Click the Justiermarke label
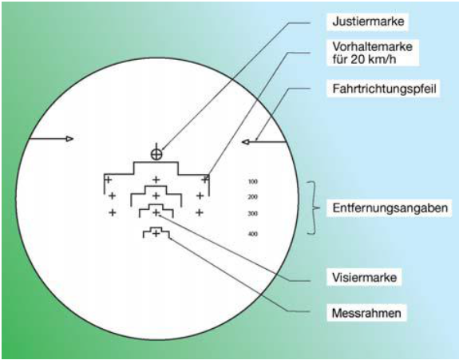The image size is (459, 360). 368,21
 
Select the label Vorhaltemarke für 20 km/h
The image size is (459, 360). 372,53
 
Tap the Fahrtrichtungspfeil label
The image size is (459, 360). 384,89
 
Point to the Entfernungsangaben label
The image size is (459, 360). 390,208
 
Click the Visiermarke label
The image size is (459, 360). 364,277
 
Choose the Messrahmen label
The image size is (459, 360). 366,313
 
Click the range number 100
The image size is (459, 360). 253,181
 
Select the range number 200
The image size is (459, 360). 252,197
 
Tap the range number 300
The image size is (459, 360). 252,213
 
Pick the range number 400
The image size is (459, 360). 252,234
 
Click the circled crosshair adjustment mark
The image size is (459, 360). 156,153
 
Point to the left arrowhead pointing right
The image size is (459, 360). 69,139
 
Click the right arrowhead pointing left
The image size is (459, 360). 246,142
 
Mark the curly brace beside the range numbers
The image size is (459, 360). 313,208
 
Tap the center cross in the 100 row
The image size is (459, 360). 156,180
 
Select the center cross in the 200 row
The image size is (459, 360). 156,196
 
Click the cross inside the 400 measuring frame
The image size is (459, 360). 156,234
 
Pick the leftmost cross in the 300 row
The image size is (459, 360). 113,212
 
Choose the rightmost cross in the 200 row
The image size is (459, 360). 200,196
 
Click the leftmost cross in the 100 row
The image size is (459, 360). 109,180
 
